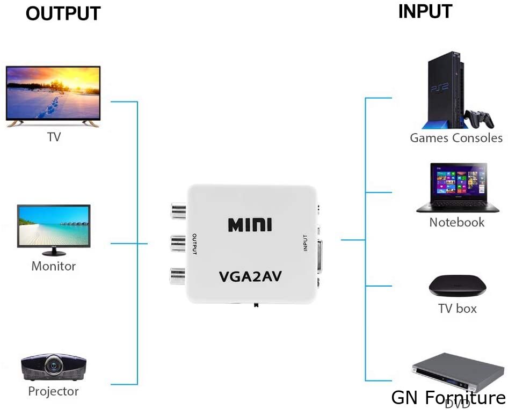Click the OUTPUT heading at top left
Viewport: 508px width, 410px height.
click(x=63, y=14)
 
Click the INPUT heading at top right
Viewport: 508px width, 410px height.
click(x=425, y=12)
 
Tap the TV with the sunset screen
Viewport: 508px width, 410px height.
click(x=53, y=96)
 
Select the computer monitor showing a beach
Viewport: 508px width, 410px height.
click(x=54, y=225)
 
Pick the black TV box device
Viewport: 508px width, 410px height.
click(x=457, y=285)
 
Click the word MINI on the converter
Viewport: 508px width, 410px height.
click(x=250, y=224)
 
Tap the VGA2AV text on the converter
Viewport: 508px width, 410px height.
click(x=250, y=277)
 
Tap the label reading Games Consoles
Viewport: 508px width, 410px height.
click(x=456, y=138)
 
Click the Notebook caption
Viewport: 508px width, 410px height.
click(x=456, y=222)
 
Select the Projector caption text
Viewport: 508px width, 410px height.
click(x=53, y=392)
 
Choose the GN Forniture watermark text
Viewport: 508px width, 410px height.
click(x=448, y=398)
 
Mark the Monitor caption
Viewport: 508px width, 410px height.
click(x=53, y=266)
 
